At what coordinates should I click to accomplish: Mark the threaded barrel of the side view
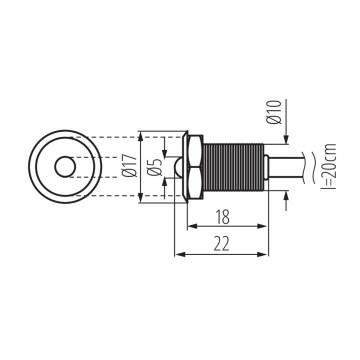(x=235, y=167)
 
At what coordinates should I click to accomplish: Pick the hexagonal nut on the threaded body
(x=197, y=167)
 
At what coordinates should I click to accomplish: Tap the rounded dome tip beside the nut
(x=181, y=167)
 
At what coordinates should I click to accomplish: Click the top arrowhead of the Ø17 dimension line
(x=141, y=134)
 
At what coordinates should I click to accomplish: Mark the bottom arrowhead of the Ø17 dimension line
(x=141, y=200)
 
